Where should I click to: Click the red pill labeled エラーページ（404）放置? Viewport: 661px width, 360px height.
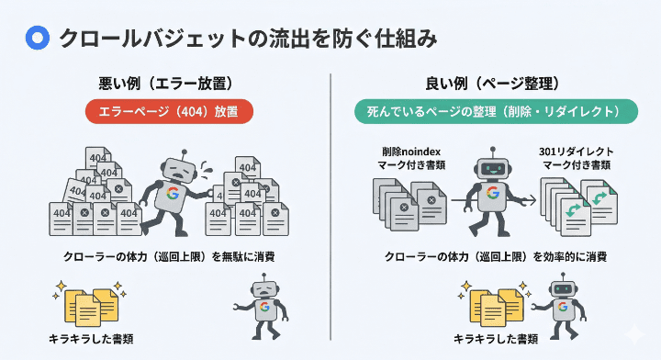point(168,112)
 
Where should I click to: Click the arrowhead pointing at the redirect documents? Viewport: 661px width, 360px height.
point(532,198)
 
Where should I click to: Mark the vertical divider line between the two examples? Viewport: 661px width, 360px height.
point(330,211)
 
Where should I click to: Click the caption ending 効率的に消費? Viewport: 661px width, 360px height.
point(497,256)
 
